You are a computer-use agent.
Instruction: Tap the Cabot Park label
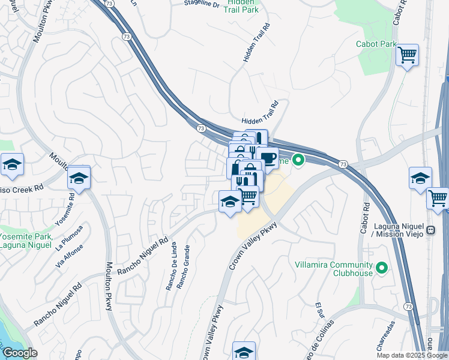click(376, 44)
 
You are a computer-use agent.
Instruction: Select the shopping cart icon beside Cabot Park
click(408, 55)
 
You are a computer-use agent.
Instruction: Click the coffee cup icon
click(267, 158)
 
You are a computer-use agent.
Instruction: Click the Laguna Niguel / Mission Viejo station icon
click(430, 230)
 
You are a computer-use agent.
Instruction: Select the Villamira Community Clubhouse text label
click(334, 269)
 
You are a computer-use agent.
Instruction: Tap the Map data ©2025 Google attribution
click(411, 355)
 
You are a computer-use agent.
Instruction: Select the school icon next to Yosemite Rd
click(78, 178)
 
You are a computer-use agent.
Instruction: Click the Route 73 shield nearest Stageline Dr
click(108, 3)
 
